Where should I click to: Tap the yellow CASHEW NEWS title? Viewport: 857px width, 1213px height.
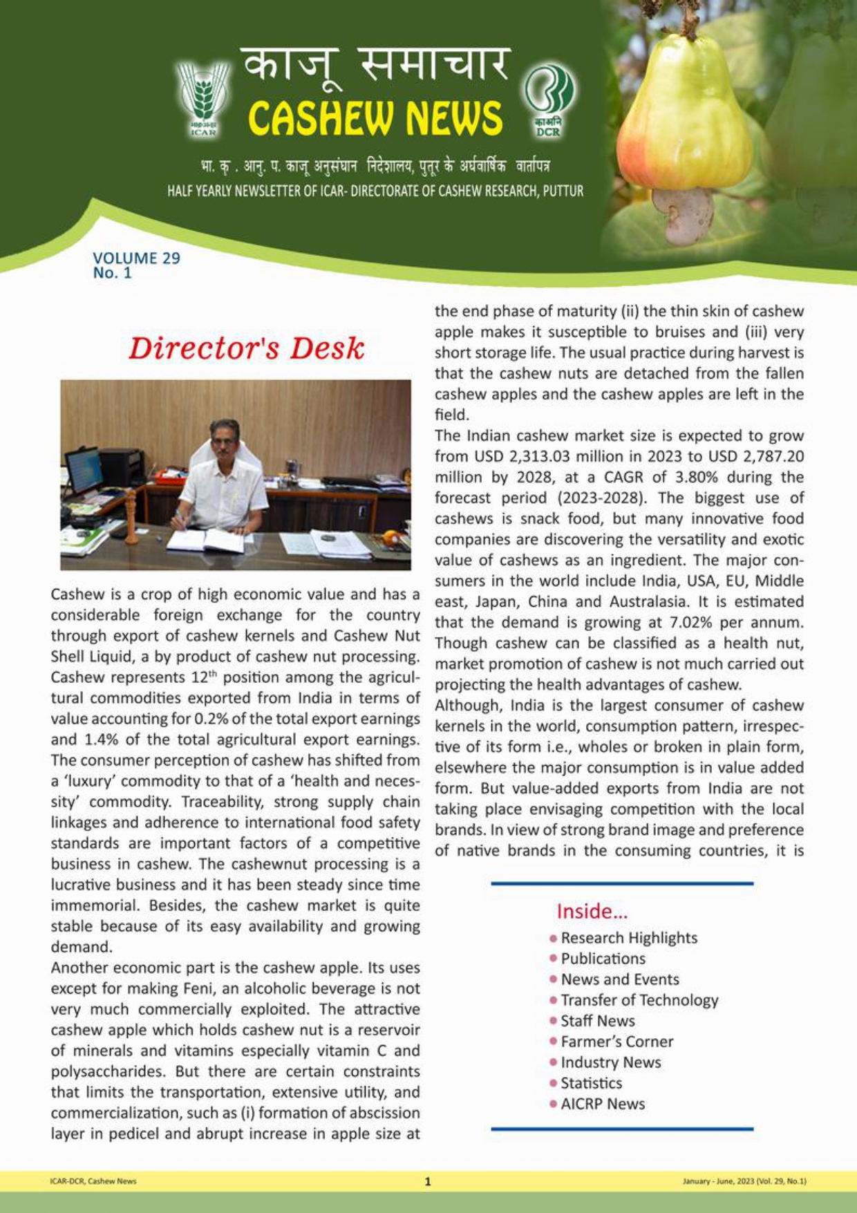[x=375, y=117]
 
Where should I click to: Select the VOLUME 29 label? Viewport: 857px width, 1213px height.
[x=136, y=258]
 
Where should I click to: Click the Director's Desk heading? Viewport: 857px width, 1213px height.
[x=246, y=348]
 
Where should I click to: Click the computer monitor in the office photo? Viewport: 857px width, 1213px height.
[x=83, y=469]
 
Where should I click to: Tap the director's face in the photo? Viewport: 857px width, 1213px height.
[x=225, y=440]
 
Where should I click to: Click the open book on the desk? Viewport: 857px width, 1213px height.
[x=205, y=539]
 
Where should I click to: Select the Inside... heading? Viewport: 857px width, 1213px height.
[x=592, y=912]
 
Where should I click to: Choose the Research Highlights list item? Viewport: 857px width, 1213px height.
[x=628, y=938]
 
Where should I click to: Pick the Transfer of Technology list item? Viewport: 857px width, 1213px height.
[x=639, y=1000]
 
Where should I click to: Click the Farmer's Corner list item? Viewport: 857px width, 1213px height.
[x=616, y=1042]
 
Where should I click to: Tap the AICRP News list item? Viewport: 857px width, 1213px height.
[x=602, y=1104]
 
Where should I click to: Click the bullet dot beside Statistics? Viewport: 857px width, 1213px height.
[x=554, y=1083]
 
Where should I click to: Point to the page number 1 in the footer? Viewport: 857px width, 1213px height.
[x=428, y=1181]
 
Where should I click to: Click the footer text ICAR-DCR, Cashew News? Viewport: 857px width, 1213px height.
[x=93, y=1181]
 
